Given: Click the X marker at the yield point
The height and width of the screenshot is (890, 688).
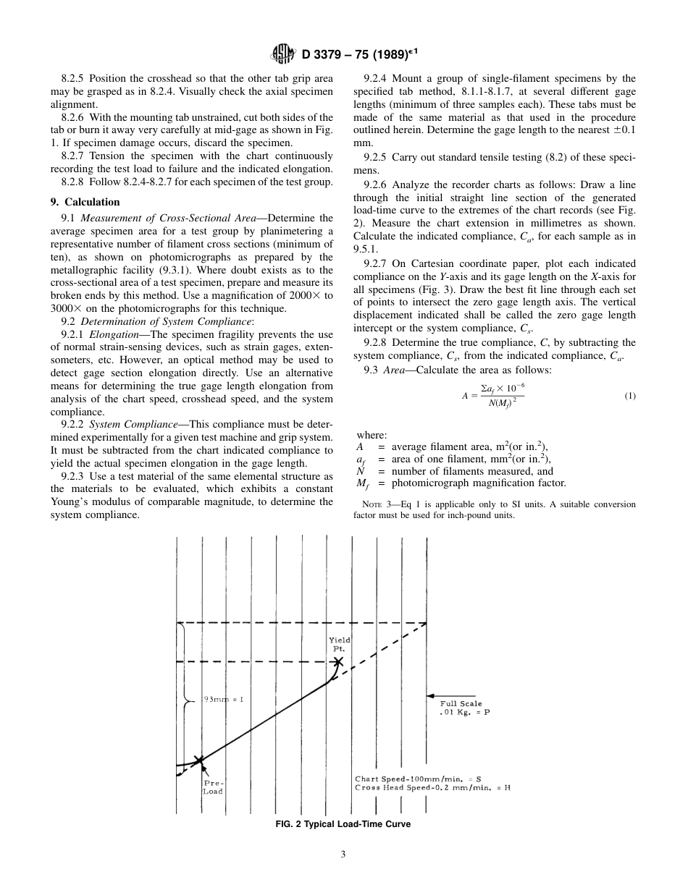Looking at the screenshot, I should pyautogui.click(x=338, y=661).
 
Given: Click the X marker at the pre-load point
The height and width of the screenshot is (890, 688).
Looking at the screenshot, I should pyautogui.click(x=200, y=760).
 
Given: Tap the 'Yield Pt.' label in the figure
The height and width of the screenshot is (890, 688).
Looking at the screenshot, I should pyautogui.click(x=339, y=644).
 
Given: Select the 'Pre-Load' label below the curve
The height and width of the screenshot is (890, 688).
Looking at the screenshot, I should pyautogui.click(x=213, y=787).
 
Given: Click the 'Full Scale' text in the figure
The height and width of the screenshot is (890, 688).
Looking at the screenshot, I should pyautogui.click(x=461, y=703).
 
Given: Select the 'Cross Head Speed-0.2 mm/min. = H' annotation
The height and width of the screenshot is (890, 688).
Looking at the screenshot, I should pyautogui.click(x=432, y=787).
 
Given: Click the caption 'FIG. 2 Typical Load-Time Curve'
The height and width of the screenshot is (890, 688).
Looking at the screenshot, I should pyautogui.click(x=343, y=824).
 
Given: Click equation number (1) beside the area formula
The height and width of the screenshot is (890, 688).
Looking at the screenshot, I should pyautogui.click(x=629, y=396).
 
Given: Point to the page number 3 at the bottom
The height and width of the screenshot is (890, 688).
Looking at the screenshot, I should pyautogui.click(x=343, y=855).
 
